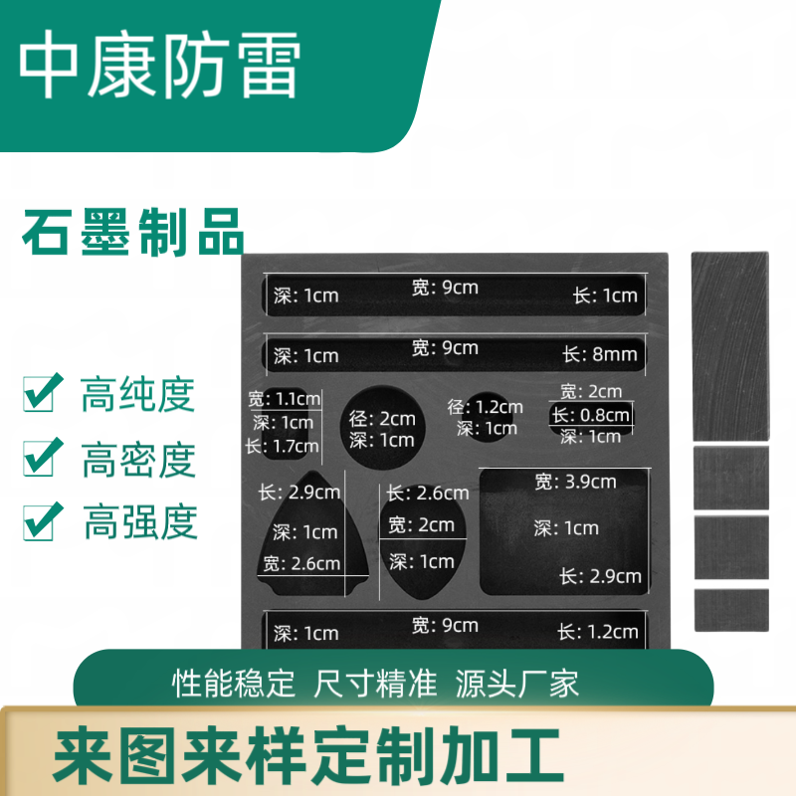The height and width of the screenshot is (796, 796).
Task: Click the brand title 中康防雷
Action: click(159, 64)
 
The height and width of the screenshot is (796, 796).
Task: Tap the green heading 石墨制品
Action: click(133, 233)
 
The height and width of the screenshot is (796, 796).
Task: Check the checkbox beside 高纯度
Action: click(43, 392)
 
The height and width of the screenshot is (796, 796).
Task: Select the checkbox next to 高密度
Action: click(43, 457)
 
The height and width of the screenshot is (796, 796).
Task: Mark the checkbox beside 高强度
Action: click(43, 521)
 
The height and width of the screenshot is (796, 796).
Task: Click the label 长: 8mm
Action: click(600, 354)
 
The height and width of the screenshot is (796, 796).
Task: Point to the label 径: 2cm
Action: click(382, 419)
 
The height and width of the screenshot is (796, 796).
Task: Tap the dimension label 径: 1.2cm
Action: click(485, 407)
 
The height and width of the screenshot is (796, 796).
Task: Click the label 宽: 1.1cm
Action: click(285, 399)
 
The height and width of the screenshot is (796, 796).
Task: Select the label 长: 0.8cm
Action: click(590, 415)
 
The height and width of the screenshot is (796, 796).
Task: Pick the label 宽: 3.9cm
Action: click(575, 482)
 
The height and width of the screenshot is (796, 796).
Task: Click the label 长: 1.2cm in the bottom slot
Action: click(598, 632)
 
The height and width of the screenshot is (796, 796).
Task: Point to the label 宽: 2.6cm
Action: click(301, 563)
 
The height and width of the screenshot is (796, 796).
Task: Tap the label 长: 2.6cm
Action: click(428, 493)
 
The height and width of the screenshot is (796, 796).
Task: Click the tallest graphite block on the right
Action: click(730, 346)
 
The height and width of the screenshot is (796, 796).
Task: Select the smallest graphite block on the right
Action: click(731, 610)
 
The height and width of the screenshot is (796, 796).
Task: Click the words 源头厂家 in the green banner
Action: click(516, 684)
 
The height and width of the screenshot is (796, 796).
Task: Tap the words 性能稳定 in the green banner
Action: click(234, 684)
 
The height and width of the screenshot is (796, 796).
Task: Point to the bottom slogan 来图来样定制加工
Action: click(308, 755)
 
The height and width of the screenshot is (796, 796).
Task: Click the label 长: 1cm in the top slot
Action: click(605, 296)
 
